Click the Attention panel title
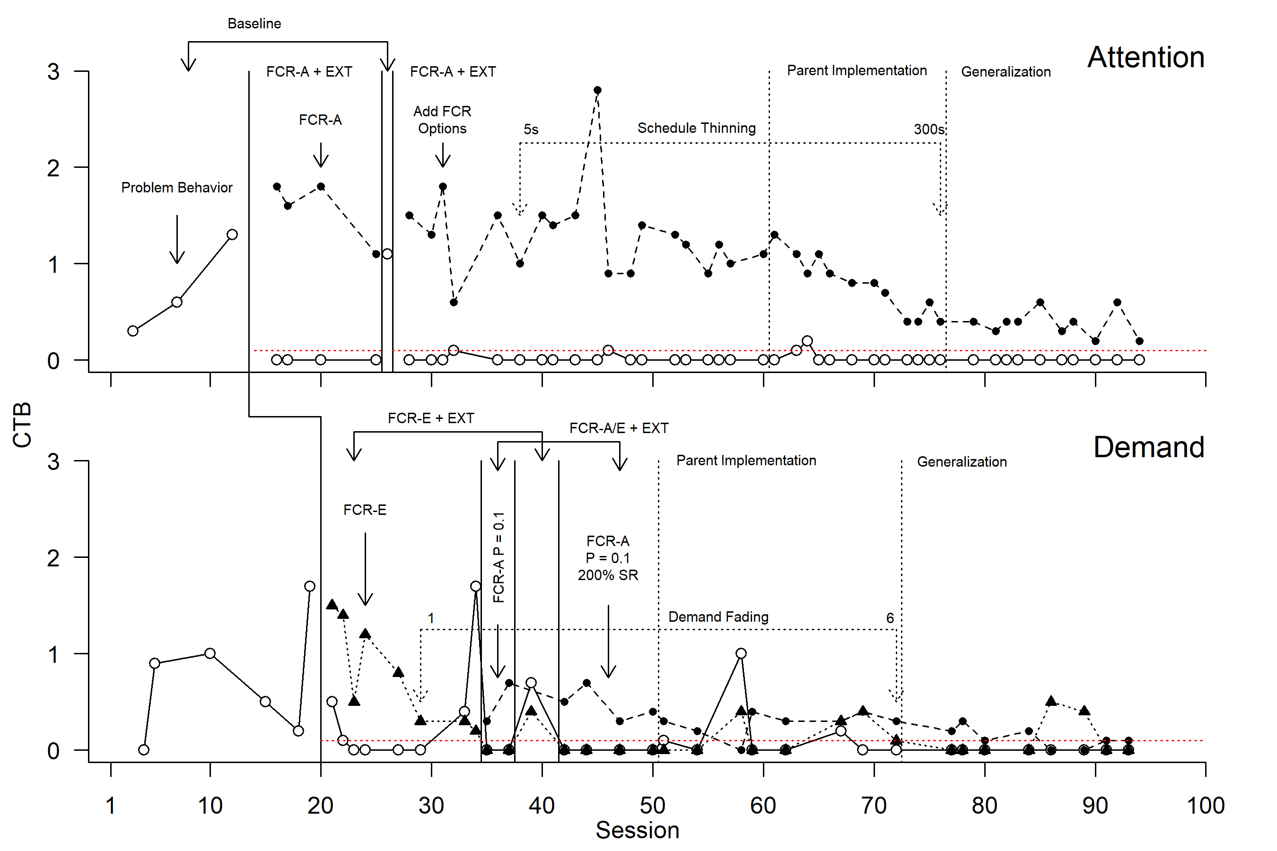pos(1145,58)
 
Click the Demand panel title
pos(1148,447)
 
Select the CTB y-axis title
pos(22,425)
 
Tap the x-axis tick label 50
pos(652,806)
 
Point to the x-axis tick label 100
pos(1205,806)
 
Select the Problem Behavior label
pos(176,188)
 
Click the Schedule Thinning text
pos(696,128)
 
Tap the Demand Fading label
pos(718,617)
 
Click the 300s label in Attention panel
pos(928,130)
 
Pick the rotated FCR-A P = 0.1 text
pos(499,557)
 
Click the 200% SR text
pos(608,575)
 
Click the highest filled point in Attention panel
pos(597,91)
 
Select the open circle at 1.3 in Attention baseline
pos(232,235)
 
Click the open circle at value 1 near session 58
pos(741,653)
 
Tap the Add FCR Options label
pos(442,120)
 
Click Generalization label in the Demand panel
pos(962,462)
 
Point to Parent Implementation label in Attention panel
pos(856,70)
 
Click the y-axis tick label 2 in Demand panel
pos(53,558)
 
